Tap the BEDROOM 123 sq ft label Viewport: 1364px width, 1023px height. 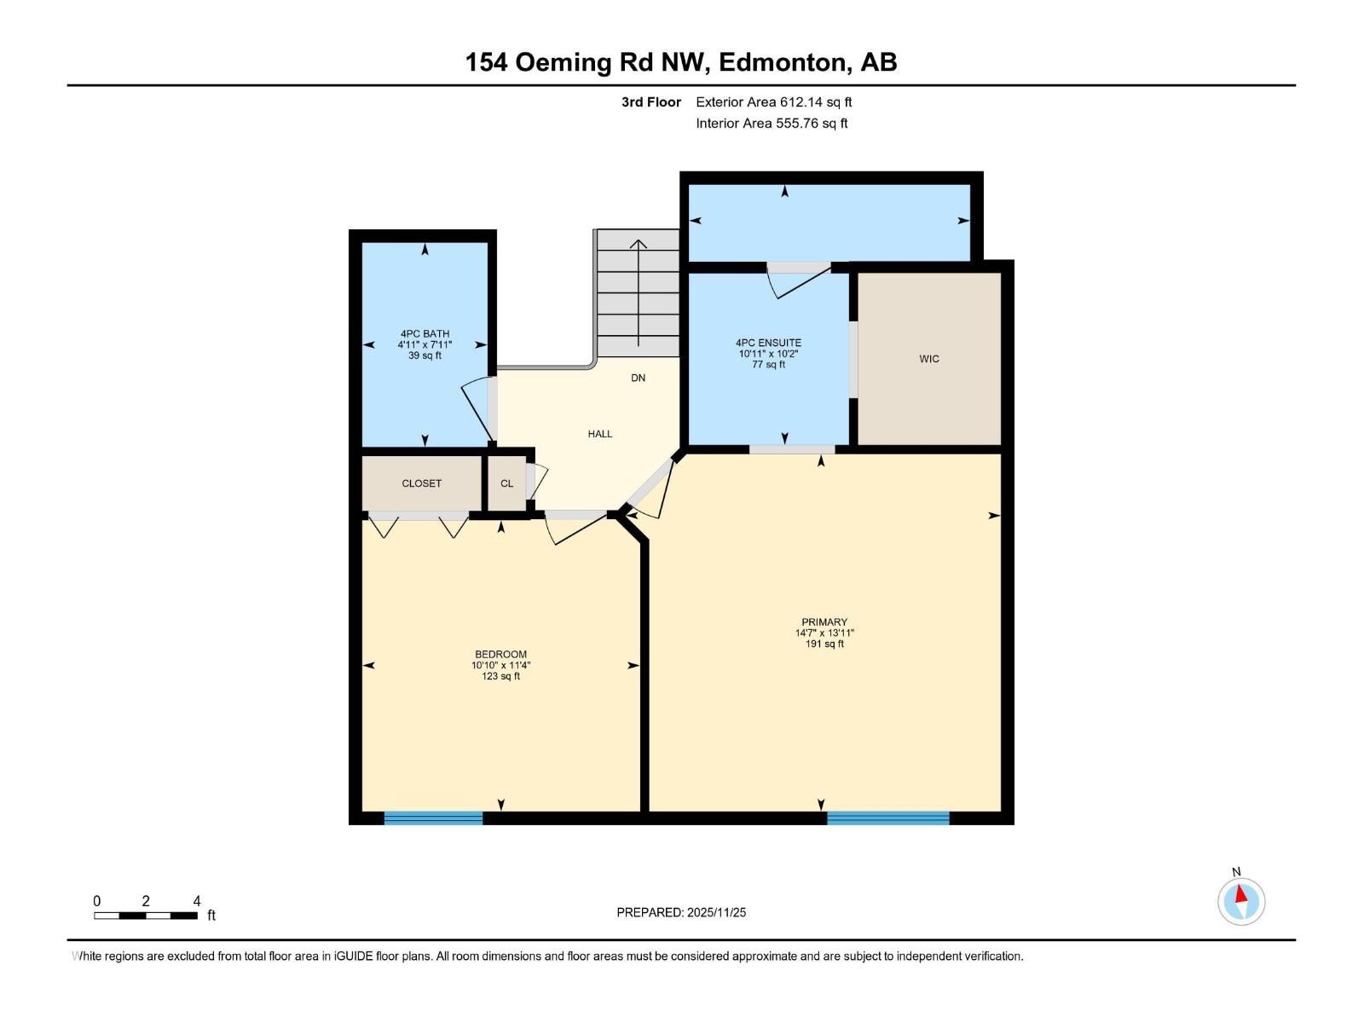[x=500, y=665]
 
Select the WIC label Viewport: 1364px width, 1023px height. [x=929, y=359]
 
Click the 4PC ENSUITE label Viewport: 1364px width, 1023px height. [x=768, y=353]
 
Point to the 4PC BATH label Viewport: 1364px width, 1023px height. [x=425, y=344]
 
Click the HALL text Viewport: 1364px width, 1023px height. [x=600, y=434]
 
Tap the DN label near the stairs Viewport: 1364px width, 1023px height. [x=639, y=378]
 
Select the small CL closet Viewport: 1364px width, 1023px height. [x=506, y=483]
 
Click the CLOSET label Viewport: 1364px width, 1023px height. [x=422, y=483]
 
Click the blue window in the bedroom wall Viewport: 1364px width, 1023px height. [x=433, y=818]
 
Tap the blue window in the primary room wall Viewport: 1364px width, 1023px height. [x=887, y=818]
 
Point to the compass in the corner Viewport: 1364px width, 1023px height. [x=1240, y=901]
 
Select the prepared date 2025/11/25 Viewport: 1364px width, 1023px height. [x=681, y=912]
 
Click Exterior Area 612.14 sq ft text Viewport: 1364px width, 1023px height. [x=773, y=102]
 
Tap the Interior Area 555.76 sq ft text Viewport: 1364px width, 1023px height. [x=772, y=124]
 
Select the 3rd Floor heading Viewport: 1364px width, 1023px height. [x=651, y=102]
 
